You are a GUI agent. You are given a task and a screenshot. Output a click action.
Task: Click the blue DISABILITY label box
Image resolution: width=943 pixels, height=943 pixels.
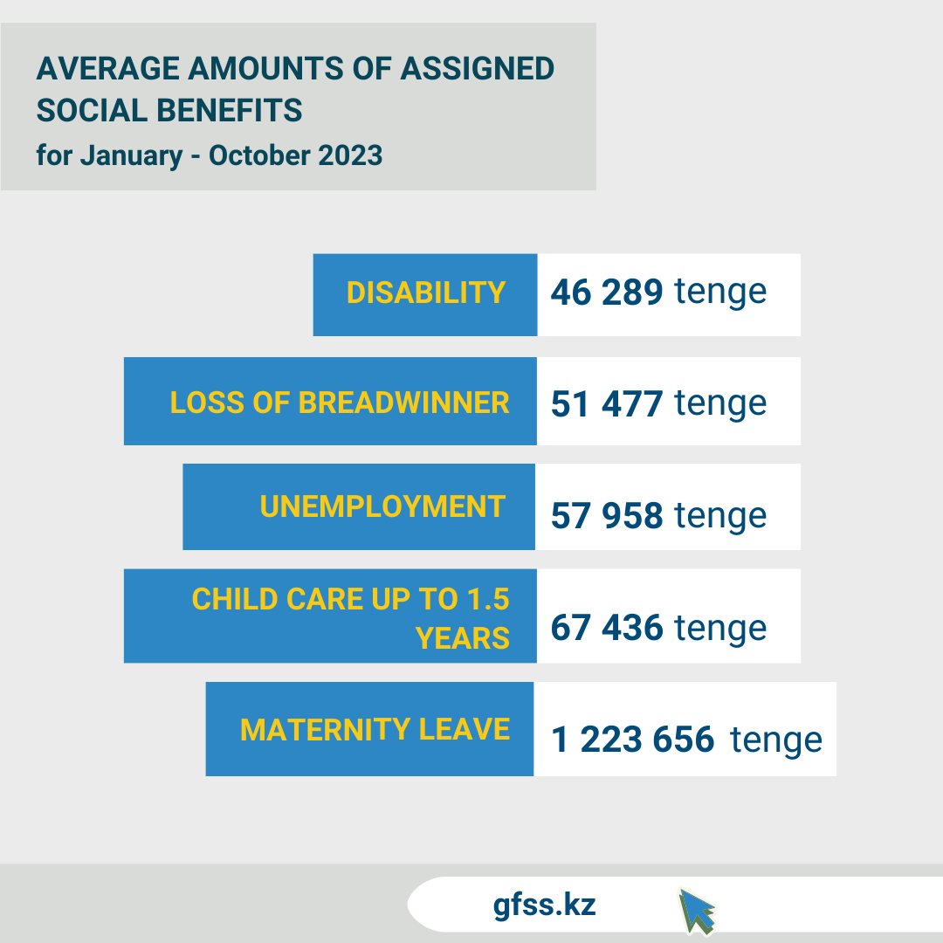pyautogui.click(x=425, y=293)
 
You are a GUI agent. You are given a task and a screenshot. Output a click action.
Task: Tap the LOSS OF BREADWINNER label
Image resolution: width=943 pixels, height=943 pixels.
pyautogui.click(x=340, y=403)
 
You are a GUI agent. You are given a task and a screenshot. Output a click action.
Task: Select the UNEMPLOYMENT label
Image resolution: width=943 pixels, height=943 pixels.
pyautogui.click(x=382, y=506)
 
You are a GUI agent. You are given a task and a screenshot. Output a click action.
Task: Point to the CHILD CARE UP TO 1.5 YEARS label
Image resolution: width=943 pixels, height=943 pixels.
pyautogui.click(x=350, y=617)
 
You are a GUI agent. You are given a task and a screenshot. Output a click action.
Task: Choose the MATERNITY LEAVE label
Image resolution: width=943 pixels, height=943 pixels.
pyautogui.click(x=375, y=729)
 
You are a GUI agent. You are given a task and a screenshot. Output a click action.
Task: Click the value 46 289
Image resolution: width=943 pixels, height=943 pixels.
pyautogui.click(x=607, y=293)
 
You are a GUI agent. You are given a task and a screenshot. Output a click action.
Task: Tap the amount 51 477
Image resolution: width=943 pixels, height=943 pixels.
pyautogui.click(x=607, y=404)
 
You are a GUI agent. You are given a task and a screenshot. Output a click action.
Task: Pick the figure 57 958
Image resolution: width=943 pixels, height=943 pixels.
pyautogui.click(x=607, y=516)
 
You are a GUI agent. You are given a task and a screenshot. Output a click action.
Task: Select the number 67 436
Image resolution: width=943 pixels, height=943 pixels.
pyautogui.click(x=607, y=628)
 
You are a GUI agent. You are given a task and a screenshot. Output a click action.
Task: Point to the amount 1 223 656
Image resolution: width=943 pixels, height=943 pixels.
pyautogui.click(x=633, y=740)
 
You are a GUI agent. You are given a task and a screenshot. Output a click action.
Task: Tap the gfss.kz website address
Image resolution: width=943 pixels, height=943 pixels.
pyautogui.click(x=544, y=905)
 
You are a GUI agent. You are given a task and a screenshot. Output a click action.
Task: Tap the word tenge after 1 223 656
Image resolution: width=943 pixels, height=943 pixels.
pyautogui.click(x=776, y=740)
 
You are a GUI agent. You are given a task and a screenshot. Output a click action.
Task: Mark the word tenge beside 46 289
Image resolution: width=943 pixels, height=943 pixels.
pyautogui.click(x=720, y=293)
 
